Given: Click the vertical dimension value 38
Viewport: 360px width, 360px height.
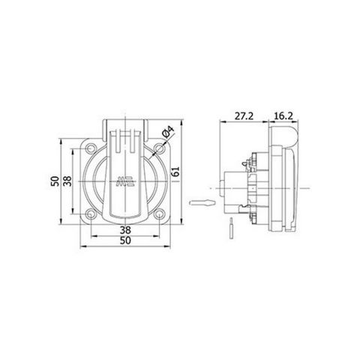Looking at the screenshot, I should (x=67, y=181).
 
